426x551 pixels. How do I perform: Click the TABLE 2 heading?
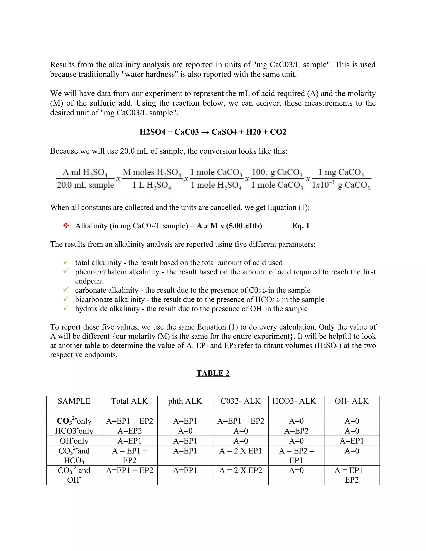[x=213, y=373]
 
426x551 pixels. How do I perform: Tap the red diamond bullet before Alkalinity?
[x=66, y=226]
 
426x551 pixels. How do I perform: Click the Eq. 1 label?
[x=301, y=226]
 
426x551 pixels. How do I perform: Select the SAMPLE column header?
[x=74, y=401]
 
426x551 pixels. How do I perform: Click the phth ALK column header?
[x=185, y=401]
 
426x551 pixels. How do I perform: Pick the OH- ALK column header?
[x=352, y=401]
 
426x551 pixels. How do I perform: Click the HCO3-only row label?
[x=74, y=431]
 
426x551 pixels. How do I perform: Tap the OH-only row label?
[x=74, y=441]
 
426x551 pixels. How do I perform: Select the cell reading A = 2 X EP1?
[x=240, y=451]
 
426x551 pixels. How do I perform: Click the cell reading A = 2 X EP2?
[x=240, y=471]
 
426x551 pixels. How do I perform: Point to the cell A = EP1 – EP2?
[x=352, y=475]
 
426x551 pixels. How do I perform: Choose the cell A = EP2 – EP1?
[x=296, y=455]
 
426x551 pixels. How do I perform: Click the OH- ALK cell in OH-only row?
[x=352, y=441]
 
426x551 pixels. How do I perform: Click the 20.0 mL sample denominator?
[x=85, y=185]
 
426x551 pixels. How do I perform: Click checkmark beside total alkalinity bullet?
[x=66, y=262]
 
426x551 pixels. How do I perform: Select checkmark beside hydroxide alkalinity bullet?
[x=66, y=308]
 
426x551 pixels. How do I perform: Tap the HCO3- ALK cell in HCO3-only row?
[x=296, y=431]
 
